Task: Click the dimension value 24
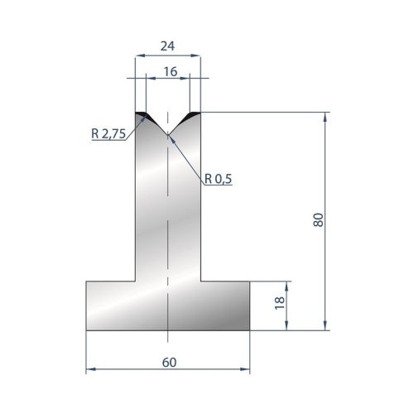coord(167,46)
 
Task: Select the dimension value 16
coord(171,72)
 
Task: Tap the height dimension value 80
coord(318,220)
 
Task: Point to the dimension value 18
coord(280,303)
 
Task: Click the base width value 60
coord(169,363)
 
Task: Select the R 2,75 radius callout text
coord(108,134)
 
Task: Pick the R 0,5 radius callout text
coord(218,179)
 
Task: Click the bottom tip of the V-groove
coord(167,135)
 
